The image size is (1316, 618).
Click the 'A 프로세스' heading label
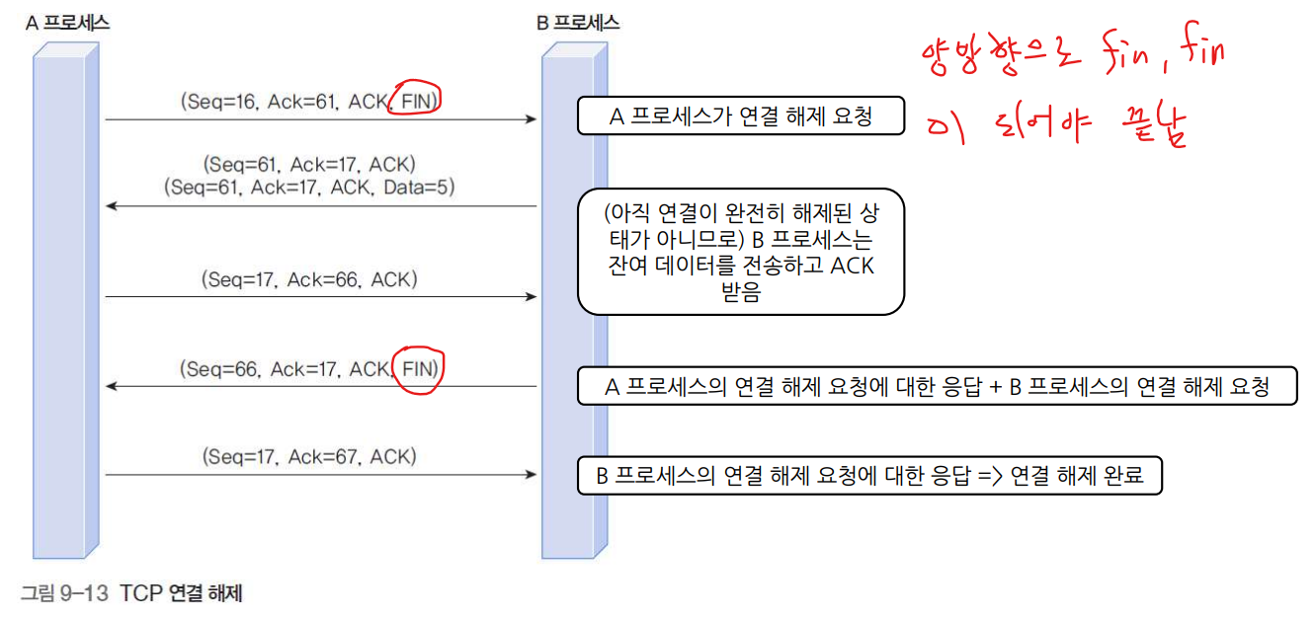coord(67,23)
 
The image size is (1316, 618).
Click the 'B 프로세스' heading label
coord(578,23)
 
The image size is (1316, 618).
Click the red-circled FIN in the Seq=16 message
coord(415,99)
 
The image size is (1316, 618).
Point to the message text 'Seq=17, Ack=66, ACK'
coord(312,279)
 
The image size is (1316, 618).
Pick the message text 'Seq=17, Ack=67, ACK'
coord(310,457)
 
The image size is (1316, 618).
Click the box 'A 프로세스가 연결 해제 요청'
coord(741,117)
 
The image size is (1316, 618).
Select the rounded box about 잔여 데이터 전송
coord(741,252)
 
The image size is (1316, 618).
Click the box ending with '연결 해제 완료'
coord(869,476)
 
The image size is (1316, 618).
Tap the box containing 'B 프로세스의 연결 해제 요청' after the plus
coord(936,387)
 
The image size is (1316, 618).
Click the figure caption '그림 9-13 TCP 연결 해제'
coord(131,593)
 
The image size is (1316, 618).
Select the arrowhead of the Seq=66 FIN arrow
coord(112,386)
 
